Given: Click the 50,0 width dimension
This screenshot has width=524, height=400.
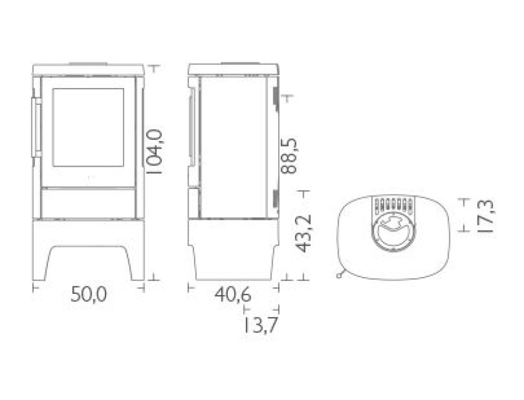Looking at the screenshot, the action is click(89, 295).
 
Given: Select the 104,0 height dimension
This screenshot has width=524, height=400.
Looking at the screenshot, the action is click(154, 152).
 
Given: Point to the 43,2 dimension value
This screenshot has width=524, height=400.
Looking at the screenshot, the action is click(304, 233).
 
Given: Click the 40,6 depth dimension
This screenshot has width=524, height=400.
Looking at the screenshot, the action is click(233, 295).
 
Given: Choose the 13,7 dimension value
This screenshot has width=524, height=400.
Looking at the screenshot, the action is click(260, 325).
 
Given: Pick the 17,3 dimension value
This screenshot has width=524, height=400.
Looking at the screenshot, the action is click(485, 217).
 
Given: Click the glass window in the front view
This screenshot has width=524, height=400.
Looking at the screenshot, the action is click(88, 127).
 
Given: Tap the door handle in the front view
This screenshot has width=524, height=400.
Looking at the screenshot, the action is click(36, 127).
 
